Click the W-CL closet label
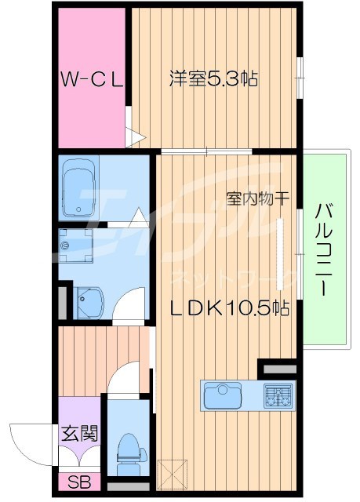91,79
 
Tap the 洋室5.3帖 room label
214,79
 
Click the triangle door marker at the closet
136,139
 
